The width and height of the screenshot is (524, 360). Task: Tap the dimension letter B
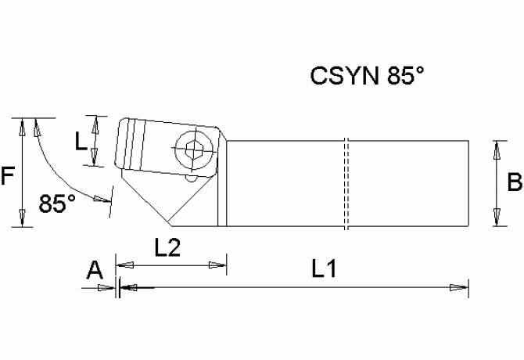point(515,184)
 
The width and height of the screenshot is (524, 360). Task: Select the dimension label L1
point(323,270)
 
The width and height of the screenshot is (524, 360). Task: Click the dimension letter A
point(95,271)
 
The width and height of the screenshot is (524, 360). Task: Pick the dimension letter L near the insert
point(80,142)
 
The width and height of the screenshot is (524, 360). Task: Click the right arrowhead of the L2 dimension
point(219,267)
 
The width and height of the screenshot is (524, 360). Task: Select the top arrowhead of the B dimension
point(496,147)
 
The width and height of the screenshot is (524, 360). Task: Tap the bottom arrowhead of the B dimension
point(496,220)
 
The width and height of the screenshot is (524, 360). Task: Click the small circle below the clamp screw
point(190,179)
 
